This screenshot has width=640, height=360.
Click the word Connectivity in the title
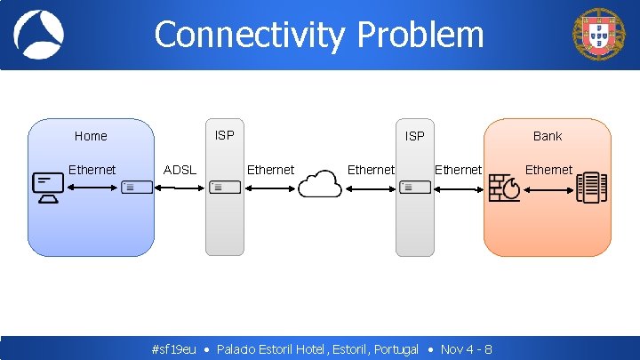click(250, 35)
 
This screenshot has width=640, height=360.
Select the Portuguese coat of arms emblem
click(599, 36)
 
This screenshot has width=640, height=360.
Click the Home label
click(91, 136)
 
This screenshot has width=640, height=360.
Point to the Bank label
click(548, 136)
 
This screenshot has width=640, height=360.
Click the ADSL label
click(180, 170)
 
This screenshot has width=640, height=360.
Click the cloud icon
click(320, 185)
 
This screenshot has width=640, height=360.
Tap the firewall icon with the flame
click(506, 187)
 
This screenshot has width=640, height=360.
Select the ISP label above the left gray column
click(225, 135)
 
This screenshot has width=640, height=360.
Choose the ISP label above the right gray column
click(414, 136)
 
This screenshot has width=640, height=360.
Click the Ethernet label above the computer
click(92, 170)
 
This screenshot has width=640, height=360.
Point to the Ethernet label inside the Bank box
click(548, 170)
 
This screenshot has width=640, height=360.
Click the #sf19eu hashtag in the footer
click(174, 349)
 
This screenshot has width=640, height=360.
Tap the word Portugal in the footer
click(396, 349)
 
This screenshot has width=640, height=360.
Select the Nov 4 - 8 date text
click(466, 349)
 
